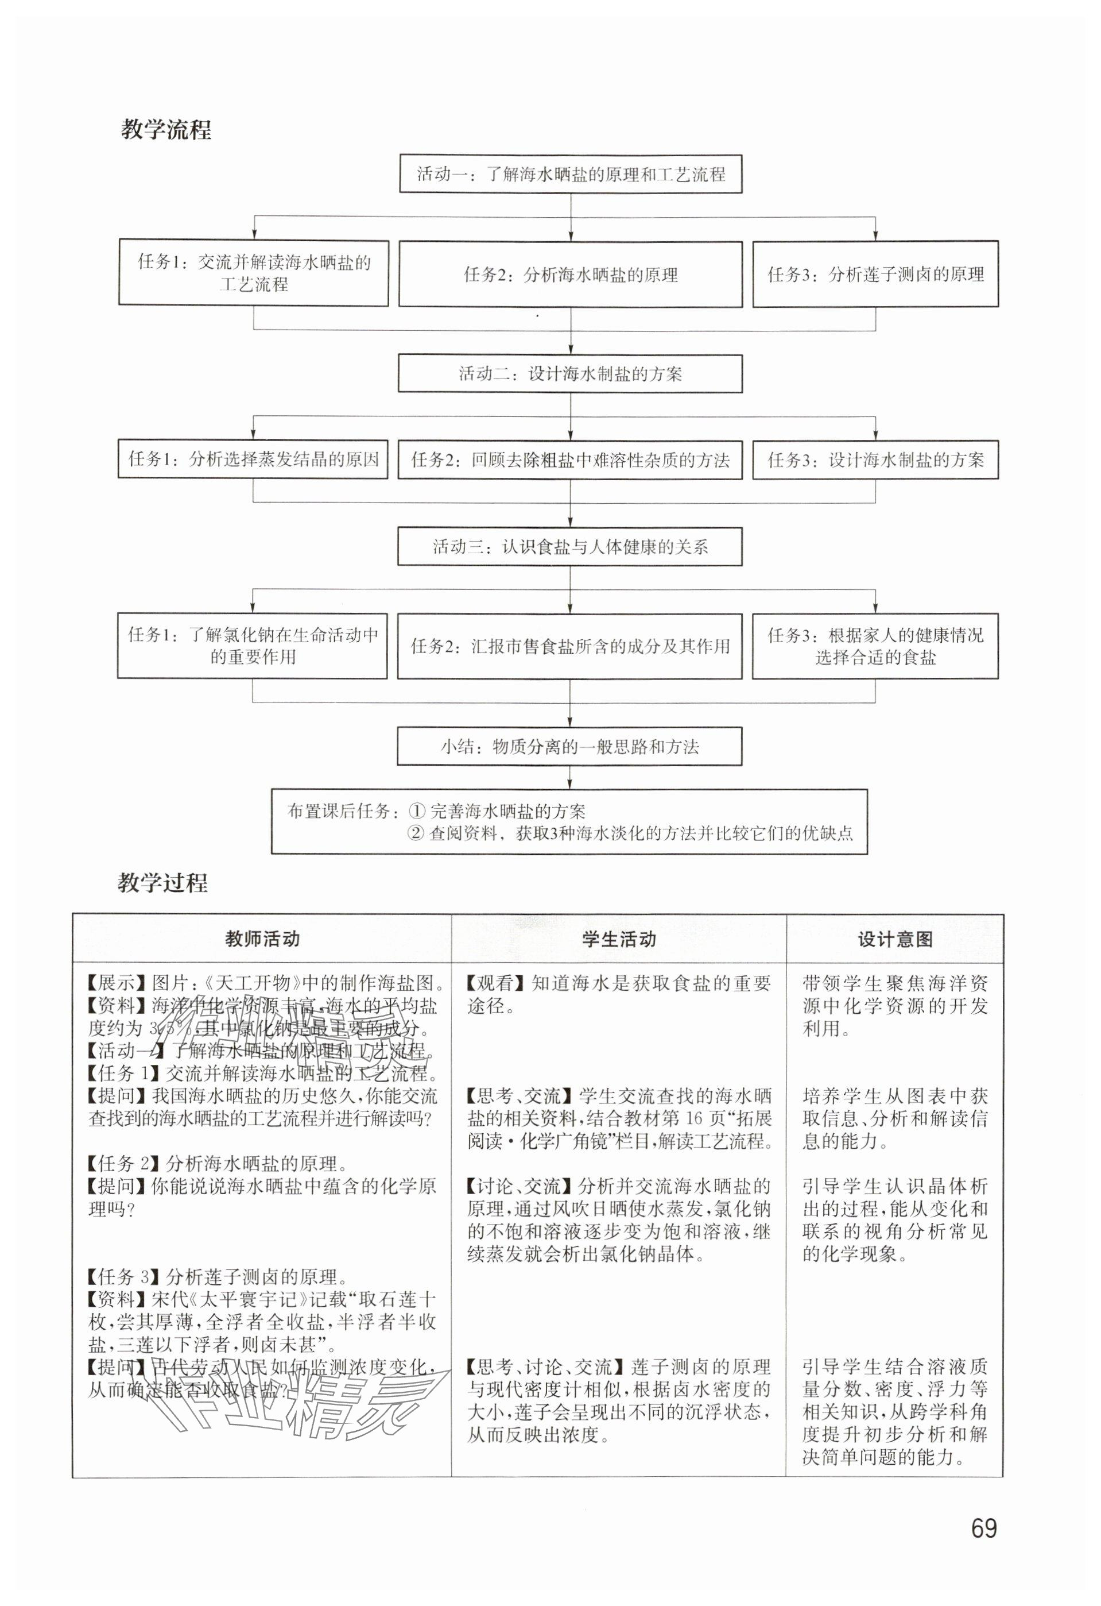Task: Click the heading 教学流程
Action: click(166, 130)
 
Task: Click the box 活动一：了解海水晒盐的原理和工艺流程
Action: click(571, 173)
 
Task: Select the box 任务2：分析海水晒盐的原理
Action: click(571, 275)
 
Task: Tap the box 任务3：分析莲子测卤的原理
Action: click(875, 275)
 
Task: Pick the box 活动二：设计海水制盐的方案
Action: click(570, 374)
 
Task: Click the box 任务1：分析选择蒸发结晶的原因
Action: click(254, 459)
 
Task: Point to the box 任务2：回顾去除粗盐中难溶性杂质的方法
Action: click(570, 460)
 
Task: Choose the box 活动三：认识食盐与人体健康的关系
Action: click(570, 547)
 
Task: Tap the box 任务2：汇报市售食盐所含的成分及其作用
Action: click(570, 646)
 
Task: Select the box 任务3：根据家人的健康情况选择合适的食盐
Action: click(875, 646)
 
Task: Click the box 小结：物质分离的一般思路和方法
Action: click(570, 746)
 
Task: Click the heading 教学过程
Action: click(163, 882)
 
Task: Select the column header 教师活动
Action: click(262, 939)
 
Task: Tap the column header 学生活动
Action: click(618, 939)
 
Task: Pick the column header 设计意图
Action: click(894, 939)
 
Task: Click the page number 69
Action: click(983, 1528)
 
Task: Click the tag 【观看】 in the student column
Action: click(497, 983)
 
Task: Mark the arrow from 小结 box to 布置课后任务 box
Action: click(570, 777)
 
